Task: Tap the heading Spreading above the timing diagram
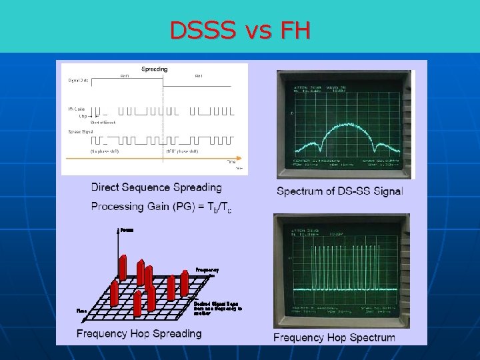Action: coord(154,69)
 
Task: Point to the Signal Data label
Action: coord(78,81)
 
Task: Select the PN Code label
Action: coord(77,109)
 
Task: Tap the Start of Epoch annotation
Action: coord(103,122)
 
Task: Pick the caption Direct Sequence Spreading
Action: coord(156,187)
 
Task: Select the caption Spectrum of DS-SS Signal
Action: coord(339,191)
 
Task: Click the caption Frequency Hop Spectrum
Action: coord(334,337)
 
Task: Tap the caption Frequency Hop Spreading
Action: coord(139,333)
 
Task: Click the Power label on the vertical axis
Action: coord(127,230)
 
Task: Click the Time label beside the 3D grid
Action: coord(81,310)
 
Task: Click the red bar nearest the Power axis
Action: coord(123,267)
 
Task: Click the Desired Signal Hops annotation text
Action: coord(217,308)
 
